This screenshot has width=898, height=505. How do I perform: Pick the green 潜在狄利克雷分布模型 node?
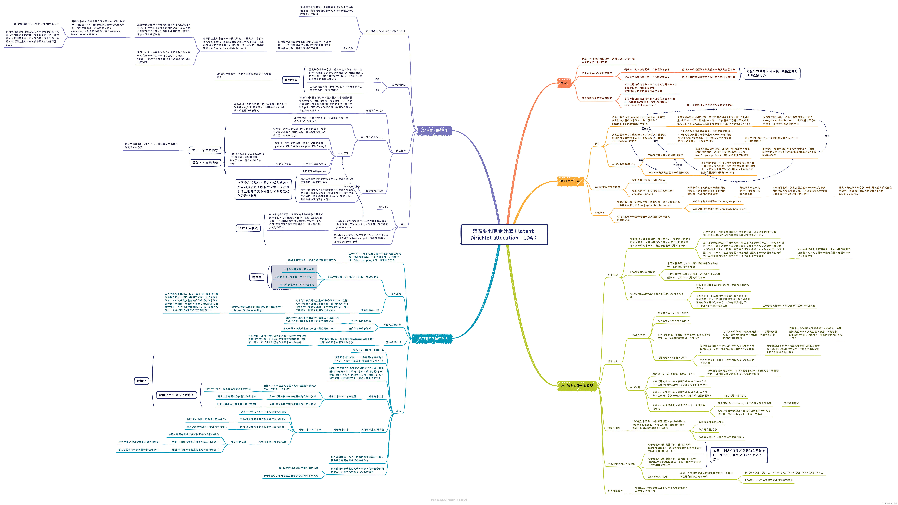click(x=577, y=386)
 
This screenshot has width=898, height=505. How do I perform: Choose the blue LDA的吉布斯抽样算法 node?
click(x=432, y=338)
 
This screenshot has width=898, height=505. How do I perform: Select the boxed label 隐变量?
click(x=257, y=277)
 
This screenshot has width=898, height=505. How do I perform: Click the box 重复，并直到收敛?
click(x=205, y=163)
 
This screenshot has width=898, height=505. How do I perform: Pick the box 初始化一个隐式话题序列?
click(x=176, y=395)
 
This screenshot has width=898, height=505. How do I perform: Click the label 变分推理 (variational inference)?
click(x=385, y=31)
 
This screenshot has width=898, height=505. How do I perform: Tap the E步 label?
click(x=377, y=79)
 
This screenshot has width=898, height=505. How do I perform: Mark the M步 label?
click(x=377, y=90)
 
